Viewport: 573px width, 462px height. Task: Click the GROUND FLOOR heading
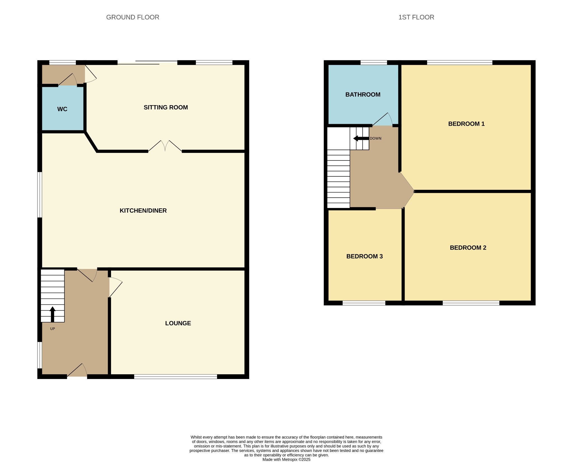(x=133, y=17)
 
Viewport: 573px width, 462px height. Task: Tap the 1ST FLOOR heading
(x=416, y=17)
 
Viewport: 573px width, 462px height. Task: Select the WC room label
(x=62, y=109)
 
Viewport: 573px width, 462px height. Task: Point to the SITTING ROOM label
(x=166, y=107)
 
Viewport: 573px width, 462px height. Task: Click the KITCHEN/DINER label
(x=143, y=210)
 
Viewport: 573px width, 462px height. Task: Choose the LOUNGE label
(x=178, y=323)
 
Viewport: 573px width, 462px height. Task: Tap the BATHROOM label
(x=363, y=94)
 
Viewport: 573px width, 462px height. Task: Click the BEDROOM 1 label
(x=466, y=124)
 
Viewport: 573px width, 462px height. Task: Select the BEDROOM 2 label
(x=468, y=248)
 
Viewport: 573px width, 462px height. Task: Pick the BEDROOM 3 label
(x=365, y=256)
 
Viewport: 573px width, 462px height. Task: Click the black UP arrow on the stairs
(x=52, y=314)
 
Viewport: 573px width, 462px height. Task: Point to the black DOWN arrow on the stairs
(x=361, y=138)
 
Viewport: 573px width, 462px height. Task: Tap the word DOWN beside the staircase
(x=375, y=138)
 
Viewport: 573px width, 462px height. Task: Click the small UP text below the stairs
(x=53, y=329)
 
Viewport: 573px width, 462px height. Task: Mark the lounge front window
(x=175, y=376)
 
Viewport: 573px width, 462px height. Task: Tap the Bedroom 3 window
(x=364, y=303)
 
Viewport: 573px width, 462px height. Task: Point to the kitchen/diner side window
(x=40, y=195)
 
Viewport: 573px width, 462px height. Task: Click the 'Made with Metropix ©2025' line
(x=286, y=459)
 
